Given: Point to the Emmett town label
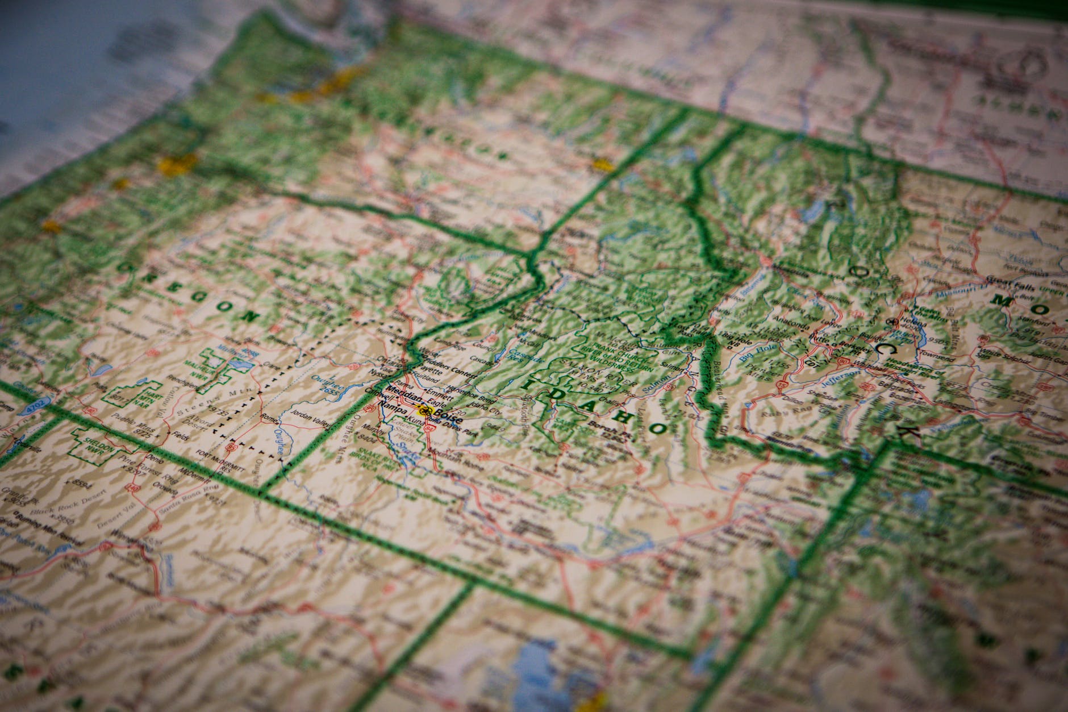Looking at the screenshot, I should (x=439, y=392).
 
